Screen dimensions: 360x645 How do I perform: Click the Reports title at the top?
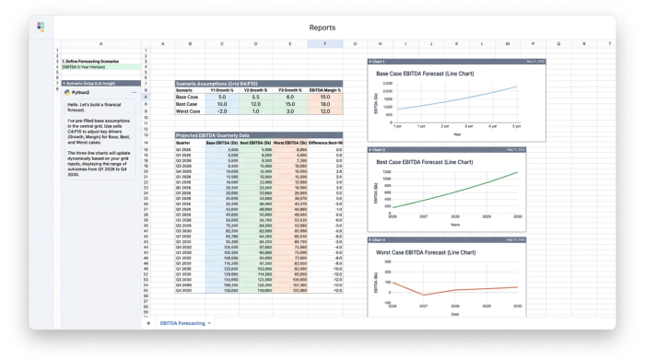pyautogui.click(x=322, y=28)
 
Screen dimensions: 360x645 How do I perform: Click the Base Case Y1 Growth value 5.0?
pyautogui.click(x=222, y=97)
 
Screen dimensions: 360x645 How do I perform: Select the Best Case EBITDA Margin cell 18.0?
pyautogui.click(x=324, y=104)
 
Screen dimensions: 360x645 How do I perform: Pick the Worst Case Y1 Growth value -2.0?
pyautogui.click(x=222, y=111)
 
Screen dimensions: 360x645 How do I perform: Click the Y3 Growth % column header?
pyautogui.click(x=289, y=89)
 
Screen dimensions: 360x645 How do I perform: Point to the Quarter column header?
pyautogui.click(x=183, y=143)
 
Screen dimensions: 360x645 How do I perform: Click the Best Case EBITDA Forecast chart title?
pyautogui.click(x=424, y=162)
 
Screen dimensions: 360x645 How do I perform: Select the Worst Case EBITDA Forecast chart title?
pyautogui.click(x=426, y=252)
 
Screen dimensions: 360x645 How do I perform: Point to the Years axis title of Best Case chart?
pyautogui.click(x=454, y=224)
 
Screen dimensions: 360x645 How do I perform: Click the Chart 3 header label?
pyautogui.click(x=379, y=239)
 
